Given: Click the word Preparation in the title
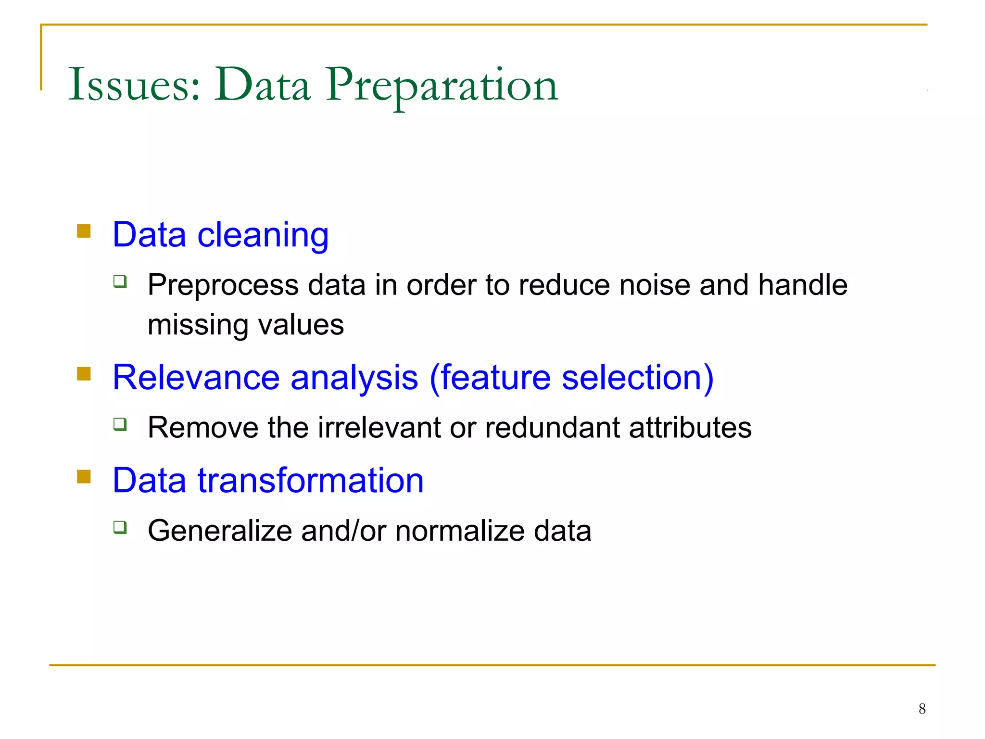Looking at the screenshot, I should pyautogui.click(x=442, y=85).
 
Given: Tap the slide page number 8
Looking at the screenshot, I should pyautogui.click(x=922, y=709).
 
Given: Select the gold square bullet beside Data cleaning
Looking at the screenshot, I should pyautogui.click(x=84, y=231).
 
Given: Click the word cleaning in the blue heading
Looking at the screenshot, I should pyautogui.click(x=263, y=235).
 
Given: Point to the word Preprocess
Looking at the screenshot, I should pyautogui.click(x=223, y=285).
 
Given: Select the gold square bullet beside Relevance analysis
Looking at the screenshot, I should pyautogui.click(x=84, y=374).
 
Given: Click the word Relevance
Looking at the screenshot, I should pyautogui.click(x=196, y=378).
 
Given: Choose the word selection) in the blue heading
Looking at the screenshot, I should pyautogui.click(x=637, y=378).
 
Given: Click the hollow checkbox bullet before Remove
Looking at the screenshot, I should pyautogui.click(x=120, y=424).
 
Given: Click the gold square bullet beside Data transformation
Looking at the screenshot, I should pyautogui.click(x=84, y=477).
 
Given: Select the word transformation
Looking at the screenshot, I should pyautogui.click(x=311, y=480).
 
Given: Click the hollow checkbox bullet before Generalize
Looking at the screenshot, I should pyautogui.click(x=120, y=527).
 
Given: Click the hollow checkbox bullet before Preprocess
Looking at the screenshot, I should pyautogui.click(x=120, y=281).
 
